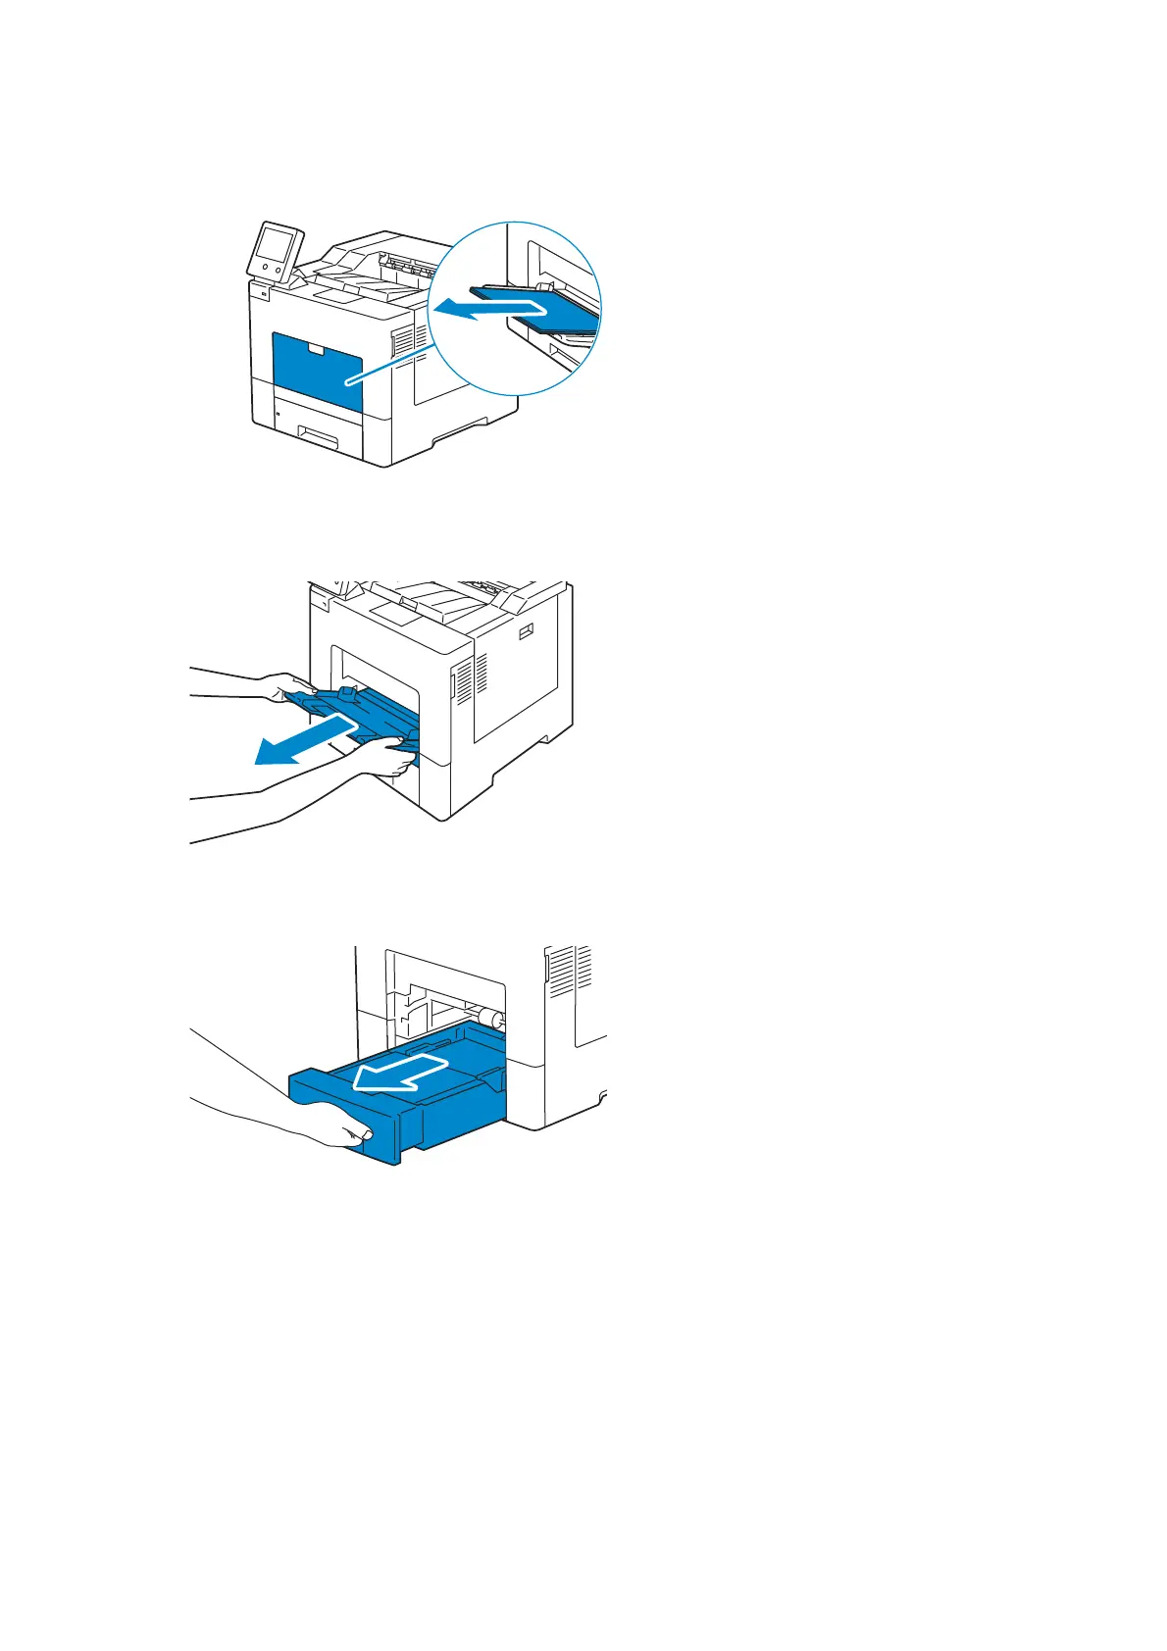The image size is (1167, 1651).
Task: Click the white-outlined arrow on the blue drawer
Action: (397, 1073)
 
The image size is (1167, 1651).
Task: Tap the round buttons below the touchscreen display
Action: (272, 267)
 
